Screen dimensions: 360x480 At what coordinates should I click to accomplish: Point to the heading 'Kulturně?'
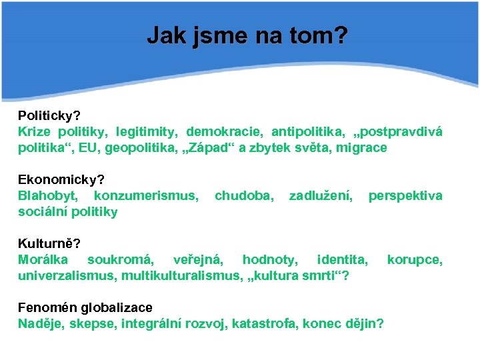pos(49,243)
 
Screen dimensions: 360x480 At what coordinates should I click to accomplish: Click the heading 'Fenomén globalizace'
pos(85,307)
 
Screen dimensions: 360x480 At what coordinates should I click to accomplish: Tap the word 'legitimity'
pos(147,131)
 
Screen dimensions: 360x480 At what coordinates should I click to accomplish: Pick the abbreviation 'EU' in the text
pos(87,147)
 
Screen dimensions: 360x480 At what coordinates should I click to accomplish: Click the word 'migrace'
pos(363,147)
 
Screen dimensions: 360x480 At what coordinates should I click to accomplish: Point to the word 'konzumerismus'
pos(145,195)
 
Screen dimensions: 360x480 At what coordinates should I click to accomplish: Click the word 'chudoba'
pos(243,195)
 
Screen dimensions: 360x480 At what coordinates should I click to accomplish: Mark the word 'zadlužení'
pos(321,195)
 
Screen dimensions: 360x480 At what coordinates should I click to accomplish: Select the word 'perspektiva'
pos(405,195)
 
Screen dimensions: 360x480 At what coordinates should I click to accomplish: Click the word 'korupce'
pos(414,259)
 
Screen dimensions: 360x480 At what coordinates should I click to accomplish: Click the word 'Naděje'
pos(37,323)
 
